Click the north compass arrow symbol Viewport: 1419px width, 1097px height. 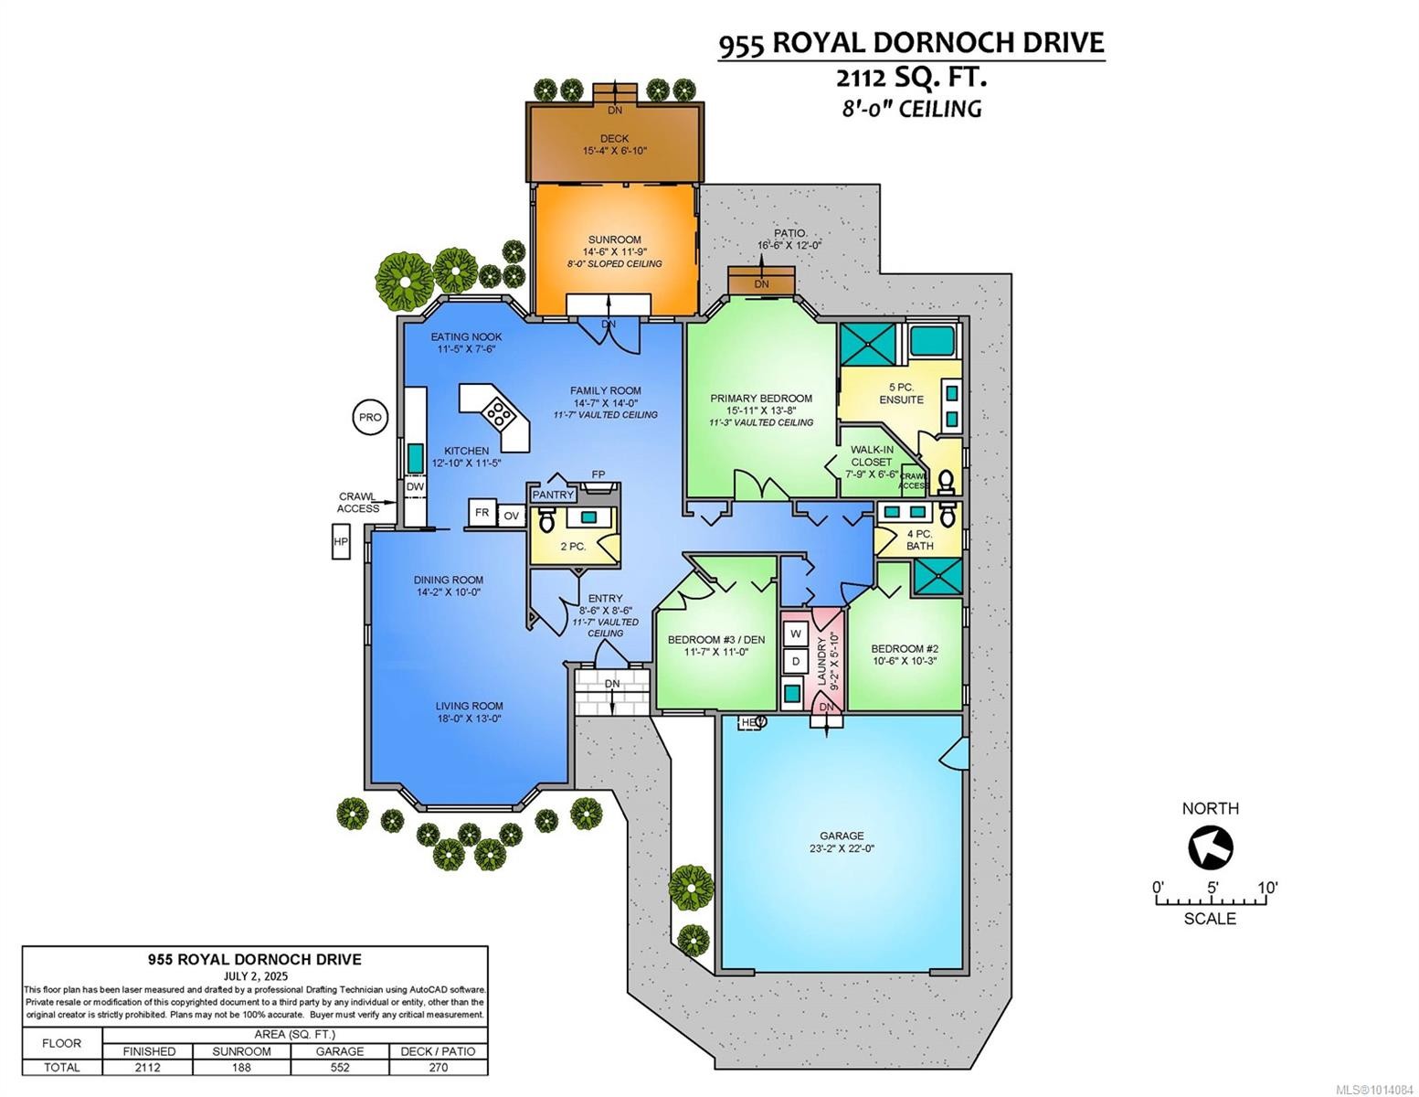pos(1210,847)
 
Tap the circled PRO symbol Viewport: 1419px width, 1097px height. pos(370,417)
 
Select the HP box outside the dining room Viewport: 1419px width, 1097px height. pos(341,541)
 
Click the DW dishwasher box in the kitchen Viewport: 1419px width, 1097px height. pos(415,487)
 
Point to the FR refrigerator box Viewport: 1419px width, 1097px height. pos(482,513)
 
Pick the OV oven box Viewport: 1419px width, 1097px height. pos(511,516)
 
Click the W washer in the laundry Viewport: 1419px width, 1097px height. pos(795,634)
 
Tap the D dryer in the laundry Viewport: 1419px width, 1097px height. pos(795,661)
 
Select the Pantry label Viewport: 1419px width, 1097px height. pos(553,495)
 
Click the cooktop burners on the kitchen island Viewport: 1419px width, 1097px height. pos(500,415)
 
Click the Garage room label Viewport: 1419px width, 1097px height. pos(842,836)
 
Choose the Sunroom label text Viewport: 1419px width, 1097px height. pos(613,240)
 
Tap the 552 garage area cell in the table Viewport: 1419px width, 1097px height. pos(339,1067)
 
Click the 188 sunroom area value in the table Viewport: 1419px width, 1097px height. pos(242,1067)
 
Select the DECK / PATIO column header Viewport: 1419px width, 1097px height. pos(438,1051)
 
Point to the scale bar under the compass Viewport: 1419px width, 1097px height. pos(1212,901)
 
